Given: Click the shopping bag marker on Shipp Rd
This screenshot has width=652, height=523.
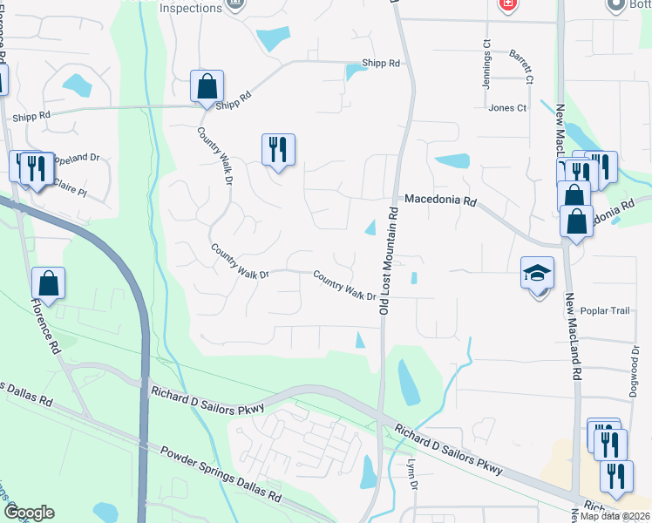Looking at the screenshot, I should [207, 87].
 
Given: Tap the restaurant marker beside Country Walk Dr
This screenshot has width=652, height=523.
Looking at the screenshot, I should [278, 151].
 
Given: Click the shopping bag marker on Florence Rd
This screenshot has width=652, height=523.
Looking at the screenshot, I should [48, 284].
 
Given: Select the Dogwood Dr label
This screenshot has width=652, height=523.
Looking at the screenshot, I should [634, 367].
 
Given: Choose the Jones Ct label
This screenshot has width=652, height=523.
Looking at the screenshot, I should [508, 108].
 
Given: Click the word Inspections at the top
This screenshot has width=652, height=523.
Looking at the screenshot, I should [192, 8].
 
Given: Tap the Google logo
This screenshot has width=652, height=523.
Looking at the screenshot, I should [29, 513].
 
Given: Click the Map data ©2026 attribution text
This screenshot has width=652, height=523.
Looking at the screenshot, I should [615, 516].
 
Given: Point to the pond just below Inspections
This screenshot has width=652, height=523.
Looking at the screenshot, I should [274, 37].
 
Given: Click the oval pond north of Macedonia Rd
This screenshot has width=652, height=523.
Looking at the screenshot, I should [452, 160].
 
